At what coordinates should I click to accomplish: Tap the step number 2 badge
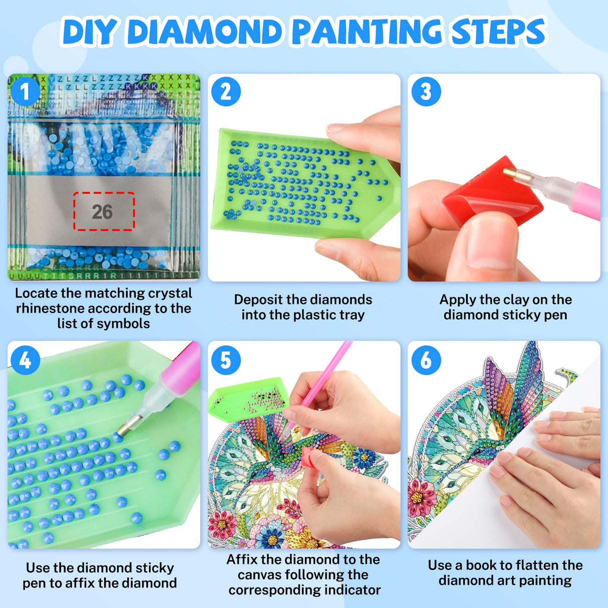(x=226, y=92)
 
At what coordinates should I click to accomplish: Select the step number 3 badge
(x=426, y=92)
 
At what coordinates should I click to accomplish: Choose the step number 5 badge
(x=226, y=360)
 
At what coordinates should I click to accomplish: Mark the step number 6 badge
(x=426, y=360)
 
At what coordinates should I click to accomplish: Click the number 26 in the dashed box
(x=103, y=212)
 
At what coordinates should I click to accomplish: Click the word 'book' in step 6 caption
(x=482, y=565)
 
